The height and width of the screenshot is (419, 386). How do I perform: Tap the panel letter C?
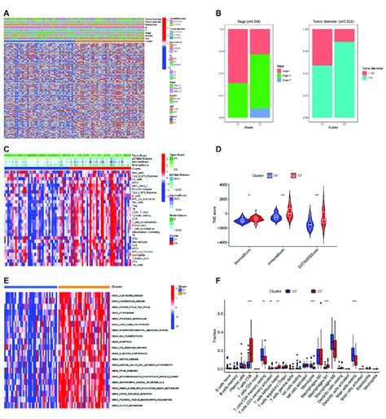7,150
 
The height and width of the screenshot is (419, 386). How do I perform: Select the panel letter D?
200,150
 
